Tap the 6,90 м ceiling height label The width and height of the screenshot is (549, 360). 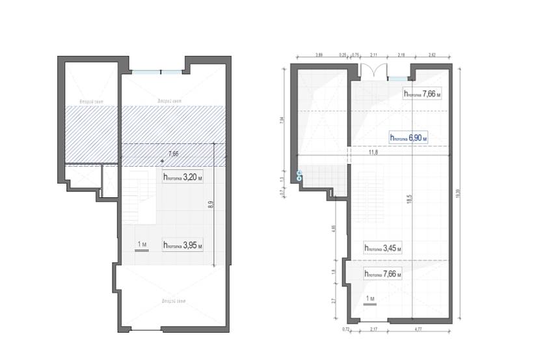pyautogui.click(x=412, y=137)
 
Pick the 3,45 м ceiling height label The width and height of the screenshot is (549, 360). pyautogui.click(x=383, y=248)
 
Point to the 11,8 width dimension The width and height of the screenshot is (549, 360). pyautogui.click(x=373, y=152)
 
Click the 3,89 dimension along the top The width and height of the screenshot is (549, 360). pyautogui.click(x=319, y=55)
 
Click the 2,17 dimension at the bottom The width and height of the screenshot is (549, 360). pyautogui.click(x=373, y=330)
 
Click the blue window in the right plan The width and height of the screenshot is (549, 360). pyautogui.click(x=397, y=79)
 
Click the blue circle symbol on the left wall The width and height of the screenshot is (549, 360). pyautogui.click(x=300, y=175)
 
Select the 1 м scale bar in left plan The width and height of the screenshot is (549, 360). pyautogui.click(x=143, y=245)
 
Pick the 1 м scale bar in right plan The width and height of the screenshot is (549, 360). pyautogui.click(x=371, y=299)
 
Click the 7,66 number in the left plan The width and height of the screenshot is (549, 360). pyautogui.click(x=173, y=154)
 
